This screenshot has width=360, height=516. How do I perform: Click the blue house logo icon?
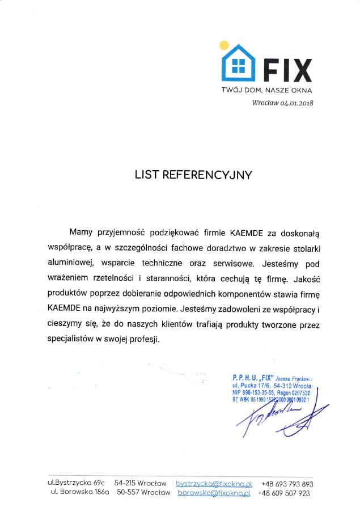click(239, 64)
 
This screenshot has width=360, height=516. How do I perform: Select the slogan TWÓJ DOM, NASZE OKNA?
click(266, 90)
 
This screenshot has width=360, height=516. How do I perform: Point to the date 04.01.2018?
click(297, 103)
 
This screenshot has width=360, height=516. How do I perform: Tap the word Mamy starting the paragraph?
click(80, 232)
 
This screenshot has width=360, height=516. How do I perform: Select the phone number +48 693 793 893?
click(287, 484)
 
